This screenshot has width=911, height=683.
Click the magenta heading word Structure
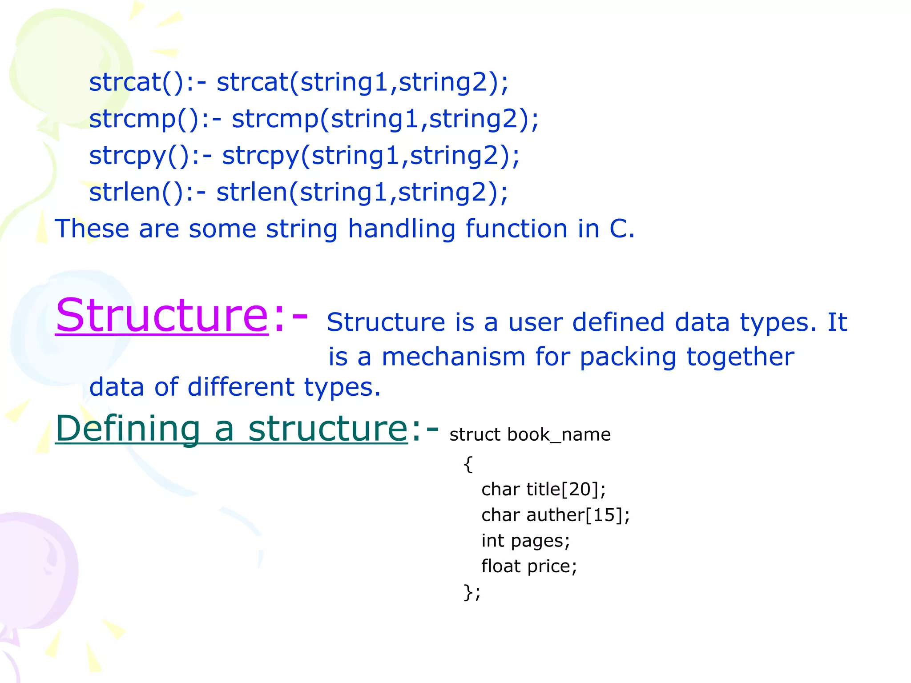point(162,315)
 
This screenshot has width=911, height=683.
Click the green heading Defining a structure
point(231,429)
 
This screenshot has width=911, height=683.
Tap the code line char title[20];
point(543,490)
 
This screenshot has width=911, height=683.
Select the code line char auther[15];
point(555,515)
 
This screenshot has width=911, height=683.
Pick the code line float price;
point(529,566)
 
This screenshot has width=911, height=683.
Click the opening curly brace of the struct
point(468,464)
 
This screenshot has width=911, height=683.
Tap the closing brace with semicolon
point(472,592)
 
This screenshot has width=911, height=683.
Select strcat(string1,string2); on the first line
point(362,82)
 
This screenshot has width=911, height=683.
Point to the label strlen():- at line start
point(147,193)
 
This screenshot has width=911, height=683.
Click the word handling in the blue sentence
point(401,229)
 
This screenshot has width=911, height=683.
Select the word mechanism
point(453,357)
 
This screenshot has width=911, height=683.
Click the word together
point(740,357)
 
